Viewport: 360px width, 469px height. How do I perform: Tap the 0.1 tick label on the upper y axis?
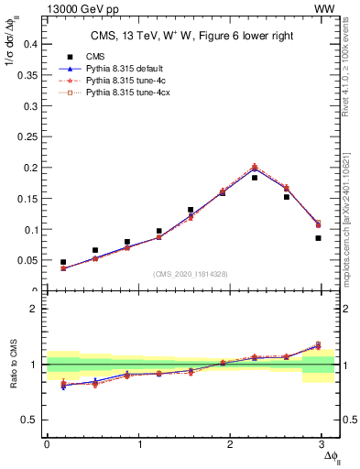(x=29, y=229)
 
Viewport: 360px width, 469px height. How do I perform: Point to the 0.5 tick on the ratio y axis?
(x=29, y=420)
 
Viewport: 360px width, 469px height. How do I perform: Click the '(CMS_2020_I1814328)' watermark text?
(x=191, y=274)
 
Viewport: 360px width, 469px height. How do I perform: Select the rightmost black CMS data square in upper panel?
(x=318, y=238)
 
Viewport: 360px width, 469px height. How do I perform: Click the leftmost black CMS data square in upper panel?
(x=63, y=262)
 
